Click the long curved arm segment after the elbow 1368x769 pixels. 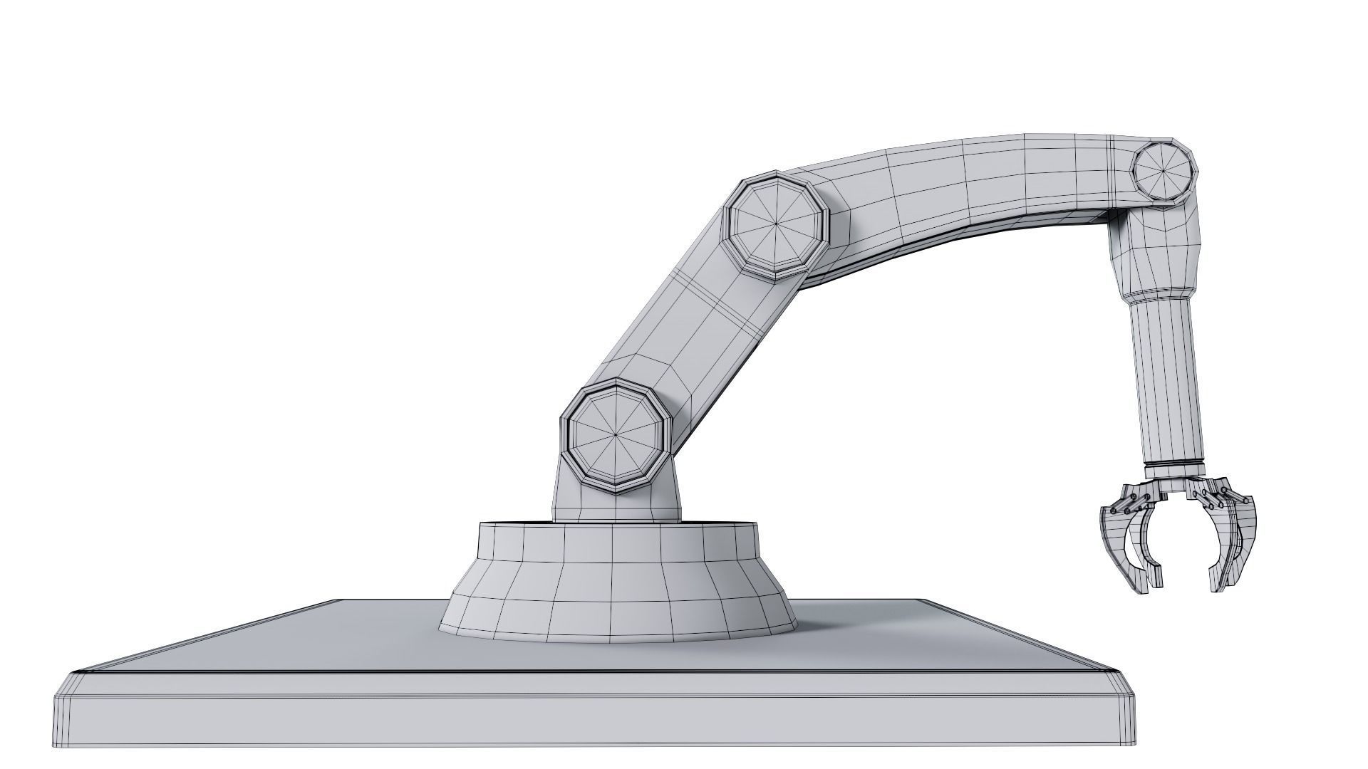(x=962, y=192)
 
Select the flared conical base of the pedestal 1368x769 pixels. (x=616, y=598)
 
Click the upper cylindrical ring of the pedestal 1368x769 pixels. (x=616, y=545)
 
